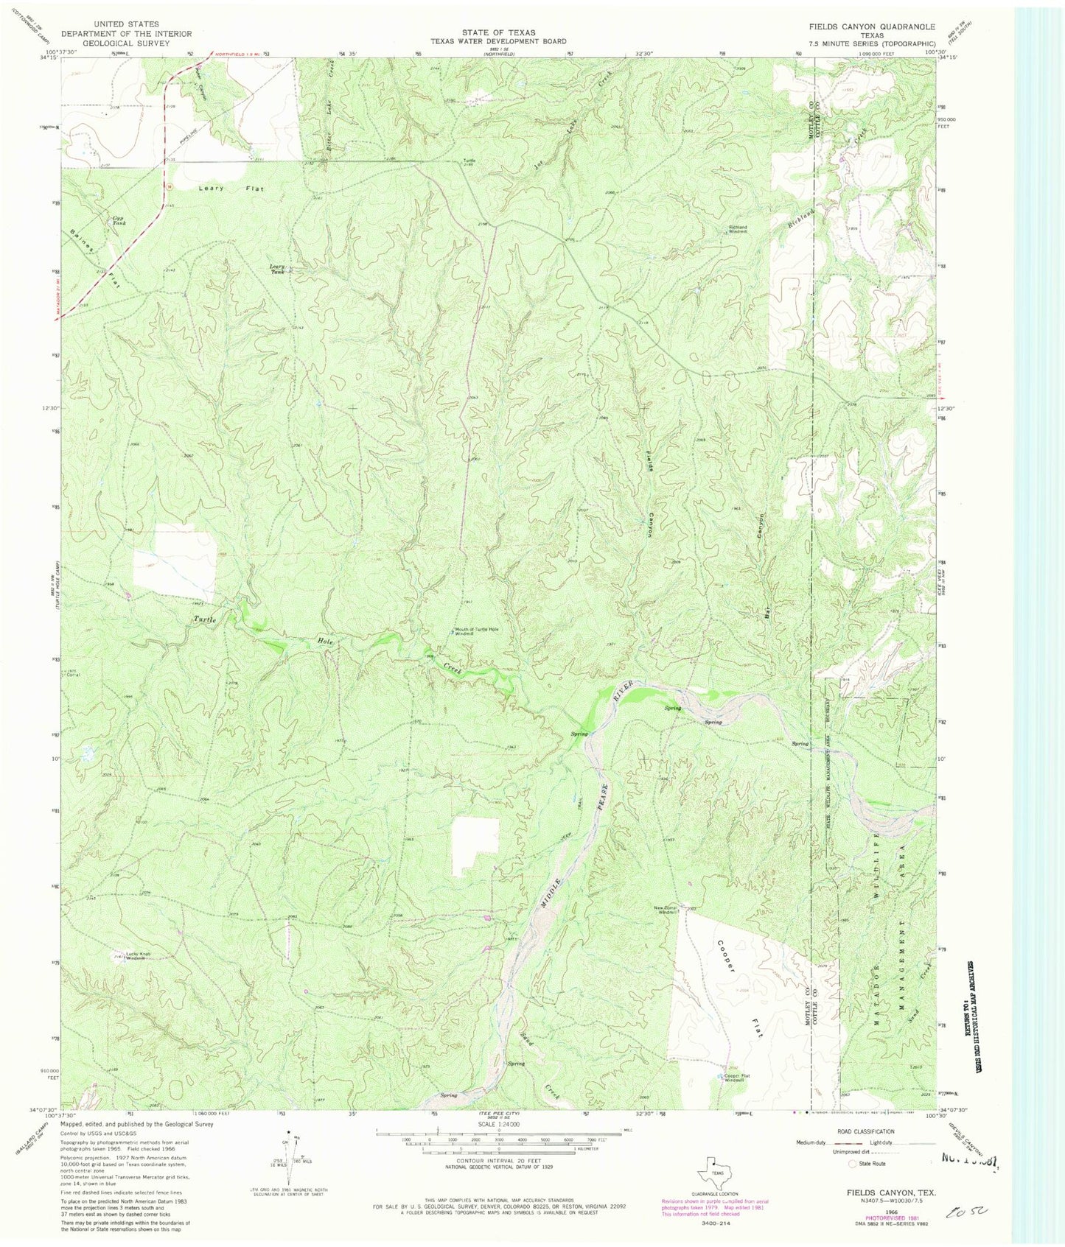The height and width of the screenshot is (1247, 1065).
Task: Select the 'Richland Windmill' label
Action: pyautogui.click(x=737, y=229)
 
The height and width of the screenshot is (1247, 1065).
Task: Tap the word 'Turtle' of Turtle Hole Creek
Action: pyautogui.click(x=205, y=619)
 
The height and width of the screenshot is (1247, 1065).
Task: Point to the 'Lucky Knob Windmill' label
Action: pyautogui.click(x=138, y=956)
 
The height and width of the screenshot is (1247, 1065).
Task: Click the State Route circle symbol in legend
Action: pyautogui.click(x=853, y=1165)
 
